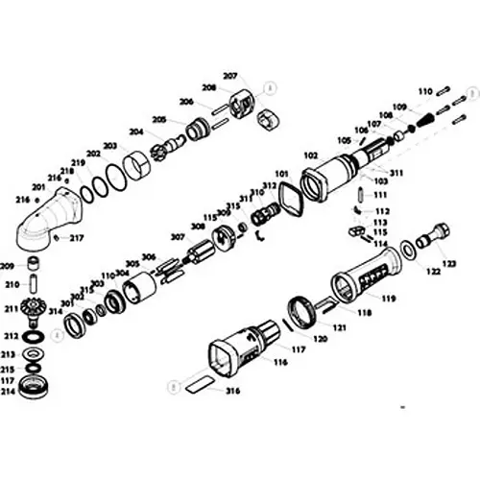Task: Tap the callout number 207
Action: coord(229,76)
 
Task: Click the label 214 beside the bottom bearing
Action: coord(9,392)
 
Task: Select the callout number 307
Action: coord(177,236)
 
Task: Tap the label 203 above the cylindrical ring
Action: coord(110,146)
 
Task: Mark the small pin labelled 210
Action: coord(35,285)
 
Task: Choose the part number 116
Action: coord(280,365)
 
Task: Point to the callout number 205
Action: coord(158,119)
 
